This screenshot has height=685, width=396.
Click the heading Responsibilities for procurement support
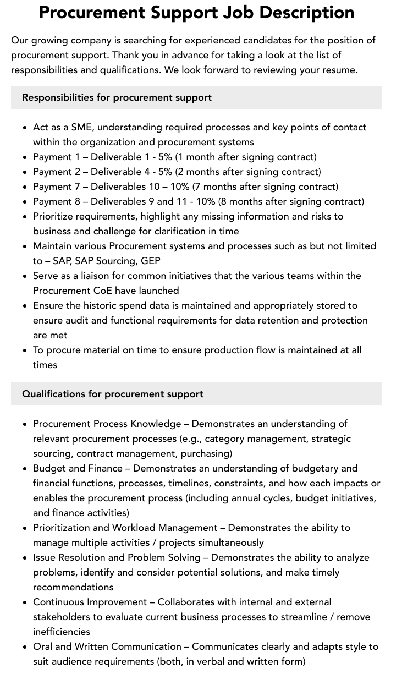pos(117,97)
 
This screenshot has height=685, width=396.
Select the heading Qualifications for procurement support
pos(113,394)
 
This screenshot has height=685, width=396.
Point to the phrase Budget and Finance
pos(78,468)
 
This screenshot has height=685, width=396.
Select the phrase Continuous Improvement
pos(90,602)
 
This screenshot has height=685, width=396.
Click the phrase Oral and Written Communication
pos(107,646)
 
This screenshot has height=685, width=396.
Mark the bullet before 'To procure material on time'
pos(25,350)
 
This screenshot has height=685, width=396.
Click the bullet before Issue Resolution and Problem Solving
pos(25,558)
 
